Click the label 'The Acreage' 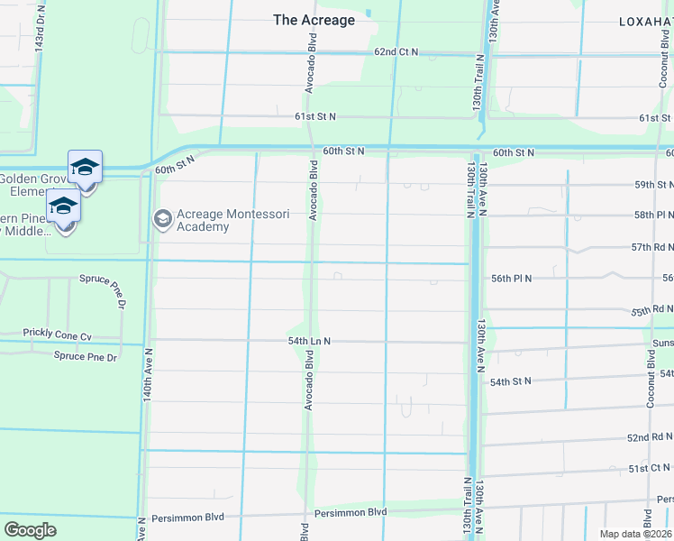pyautogui.click(x=314, y=20)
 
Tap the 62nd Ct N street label pyautogui.click(x=396, y=52)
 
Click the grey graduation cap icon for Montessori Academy pyautogui.click(x=163, y=218)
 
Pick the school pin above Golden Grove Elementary pyautogui.click(x=85, y=168)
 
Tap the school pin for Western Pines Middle pyautogui.click(x=64, y=209)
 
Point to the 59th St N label pyautogui.click(x=653, y=184)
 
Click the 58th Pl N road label pyautogui.click(x=653, y=215)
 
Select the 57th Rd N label pyautogui.click(x=651, y=246)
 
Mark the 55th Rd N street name pyautogui.click(x=651, y=310)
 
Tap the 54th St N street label pyautogui.click(x=512, y=382)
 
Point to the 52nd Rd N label pyautogui.click(x=650, y=437)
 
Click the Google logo pyautogui.click(x=30, y=530)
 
